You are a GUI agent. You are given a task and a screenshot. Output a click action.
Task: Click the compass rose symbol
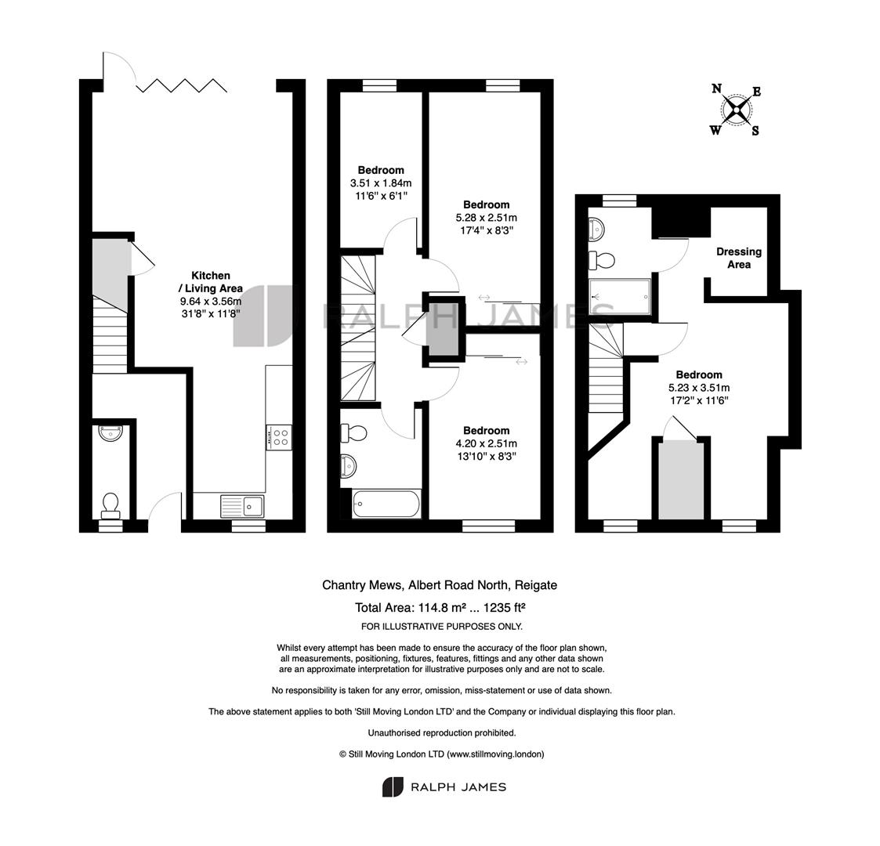click(736, 110)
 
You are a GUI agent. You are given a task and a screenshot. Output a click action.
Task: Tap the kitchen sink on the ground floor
click(242, 506)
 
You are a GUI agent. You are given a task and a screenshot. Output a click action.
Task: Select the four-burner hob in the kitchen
click(279, 437)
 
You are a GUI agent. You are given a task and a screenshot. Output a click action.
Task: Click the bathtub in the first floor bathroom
click(386, 504)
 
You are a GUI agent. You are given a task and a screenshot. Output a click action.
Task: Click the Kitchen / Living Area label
click(211, 282)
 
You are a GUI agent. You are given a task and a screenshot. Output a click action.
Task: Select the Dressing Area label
click(739, 258)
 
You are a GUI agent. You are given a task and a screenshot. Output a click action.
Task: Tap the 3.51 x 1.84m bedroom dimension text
click(381, 183)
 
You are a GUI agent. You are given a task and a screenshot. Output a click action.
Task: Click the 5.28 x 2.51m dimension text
click(486, 218)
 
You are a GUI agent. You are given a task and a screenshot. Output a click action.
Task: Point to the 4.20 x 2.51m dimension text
click(486, 443)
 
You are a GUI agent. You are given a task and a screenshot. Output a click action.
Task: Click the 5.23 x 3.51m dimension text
click(699, 388)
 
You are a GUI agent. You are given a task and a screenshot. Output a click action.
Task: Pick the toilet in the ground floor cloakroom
click(110, 505)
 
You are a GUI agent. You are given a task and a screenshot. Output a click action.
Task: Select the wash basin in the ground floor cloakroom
click(110, 433)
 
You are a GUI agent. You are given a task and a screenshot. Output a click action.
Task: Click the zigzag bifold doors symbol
click(182, 85)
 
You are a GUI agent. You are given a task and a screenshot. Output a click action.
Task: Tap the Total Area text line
click(440, 608)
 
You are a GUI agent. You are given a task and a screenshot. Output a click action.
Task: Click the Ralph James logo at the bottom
click(444, 787)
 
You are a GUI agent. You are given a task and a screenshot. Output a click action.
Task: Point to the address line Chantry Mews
click(440, 585)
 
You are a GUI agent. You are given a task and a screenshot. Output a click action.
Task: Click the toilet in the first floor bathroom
click(354, 433)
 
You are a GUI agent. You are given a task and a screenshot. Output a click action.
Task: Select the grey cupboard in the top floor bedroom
click(681, 480)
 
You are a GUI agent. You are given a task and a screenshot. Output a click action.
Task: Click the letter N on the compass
click(716, 88)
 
